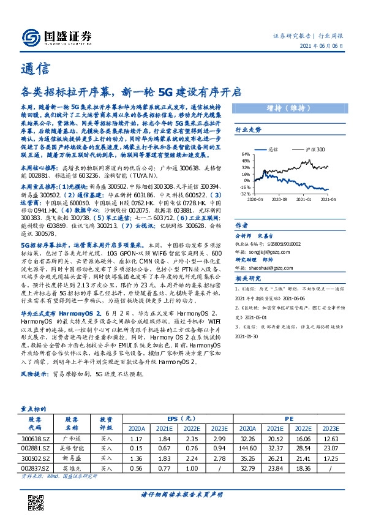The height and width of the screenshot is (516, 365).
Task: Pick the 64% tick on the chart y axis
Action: coord(246,154)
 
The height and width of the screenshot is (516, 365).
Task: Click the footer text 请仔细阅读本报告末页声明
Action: coord(182,494)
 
